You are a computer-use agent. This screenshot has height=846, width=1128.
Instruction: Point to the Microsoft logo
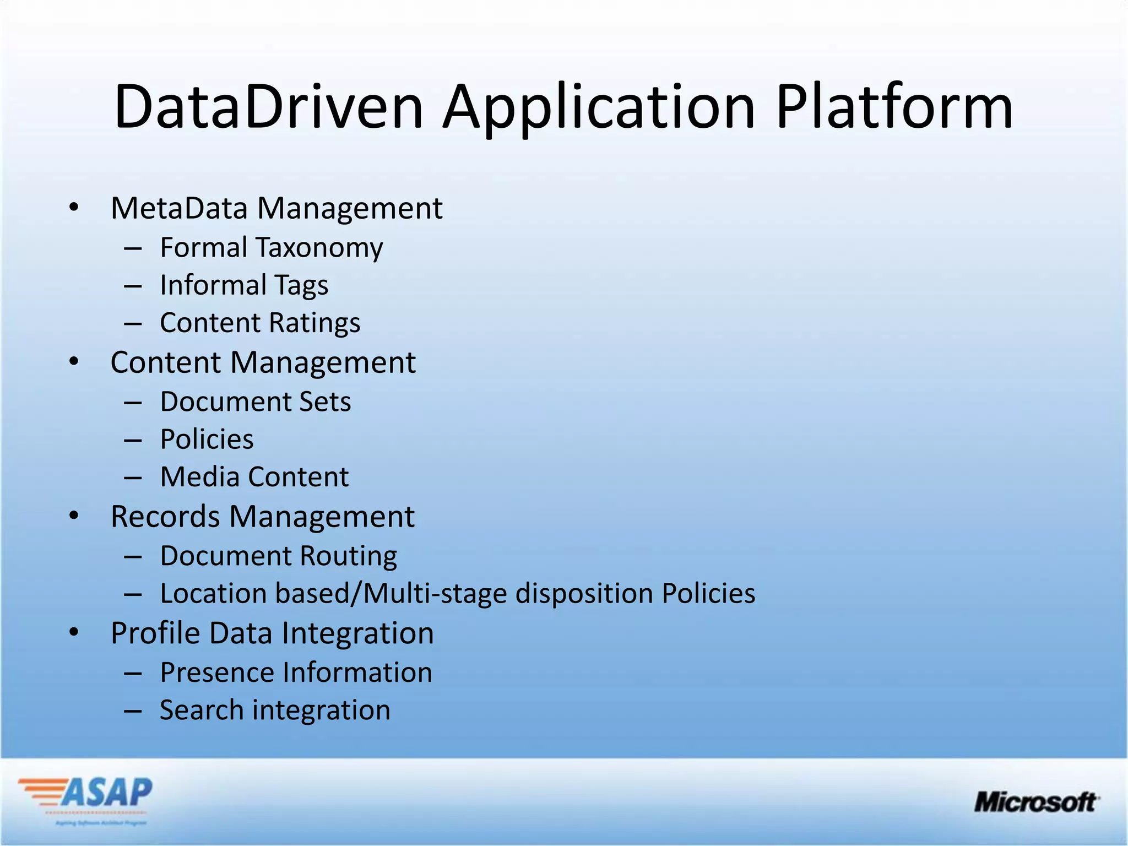(1036, 802)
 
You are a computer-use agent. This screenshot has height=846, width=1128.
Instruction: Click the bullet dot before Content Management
(74, 362)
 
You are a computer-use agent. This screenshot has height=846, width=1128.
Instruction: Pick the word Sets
(325, 402)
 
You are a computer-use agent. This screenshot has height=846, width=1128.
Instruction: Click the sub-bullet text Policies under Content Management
(207, 440)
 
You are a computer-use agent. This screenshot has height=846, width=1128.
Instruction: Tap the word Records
(165, 517)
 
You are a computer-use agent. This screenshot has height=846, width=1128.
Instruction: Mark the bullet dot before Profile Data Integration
(74, 633)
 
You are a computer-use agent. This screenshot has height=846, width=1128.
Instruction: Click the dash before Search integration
(133, 711)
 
